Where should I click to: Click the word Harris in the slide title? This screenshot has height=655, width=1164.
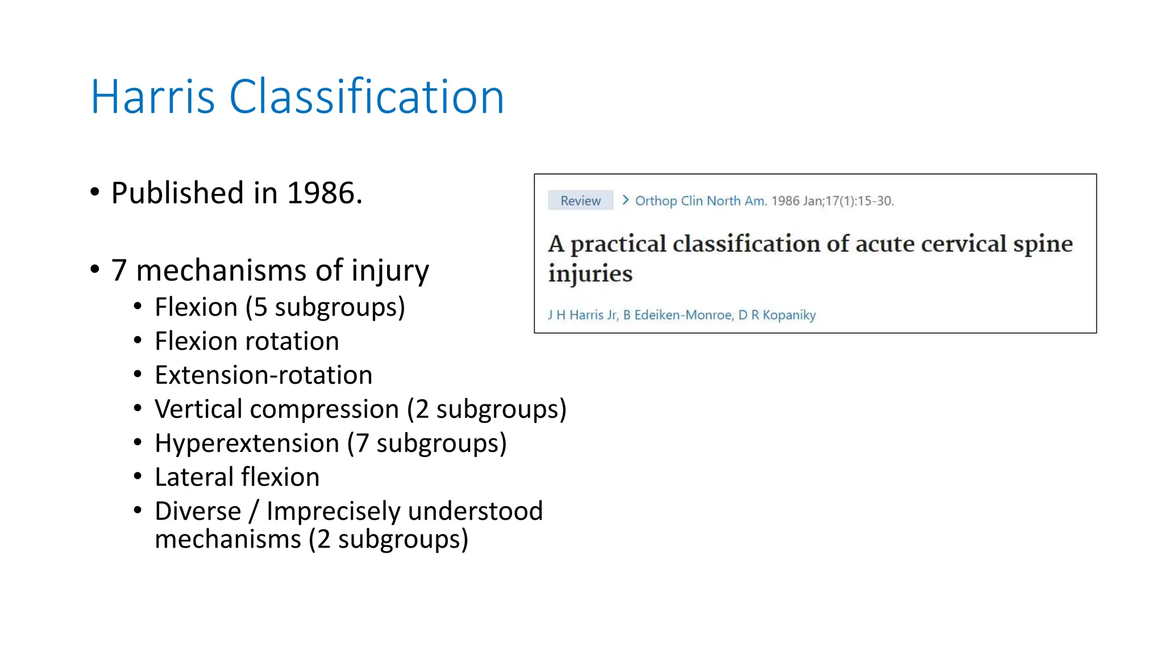(x=152, y=97)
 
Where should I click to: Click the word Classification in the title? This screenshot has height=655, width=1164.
(x=366, y=97)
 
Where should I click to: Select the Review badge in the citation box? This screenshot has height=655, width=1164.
(x=580, y=201)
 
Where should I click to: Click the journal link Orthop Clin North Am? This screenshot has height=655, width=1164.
(x=701, y=201)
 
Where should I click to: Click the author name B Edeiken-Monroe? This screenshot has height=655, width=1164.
(x=677, y=315)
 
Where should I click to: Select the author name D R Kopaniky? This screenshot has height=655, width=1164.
(x=777, y=315)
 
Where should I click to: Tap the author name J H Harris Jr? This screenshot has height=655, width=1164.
(x=582, y=315)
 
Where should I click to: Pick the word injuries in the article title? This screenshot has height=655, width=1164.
(x=590, y=274)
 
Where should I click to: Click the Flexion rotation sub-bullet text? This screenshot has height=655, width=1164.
(x=247, y=341)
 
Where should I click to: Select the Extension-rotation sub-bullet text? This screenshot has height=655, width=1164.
(x=263, y=375)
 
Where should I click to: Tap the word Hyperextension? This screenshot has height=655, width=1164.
(x=247, y=443)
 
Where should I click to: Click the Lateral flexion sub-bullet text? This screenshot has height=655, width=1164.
(x=237, y=477)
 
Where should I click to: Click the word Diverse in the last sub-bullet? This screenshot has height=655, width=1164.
(x=198, y=511)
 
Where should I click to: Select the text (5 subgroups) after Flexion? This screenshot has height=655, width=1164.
(x=325, y=308)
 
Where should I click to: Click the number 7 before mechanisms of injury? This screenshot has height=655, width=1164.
(x=119, y=270)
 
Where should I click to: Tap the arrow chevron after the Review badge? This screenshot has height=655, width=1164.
(x=625, y=200)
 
